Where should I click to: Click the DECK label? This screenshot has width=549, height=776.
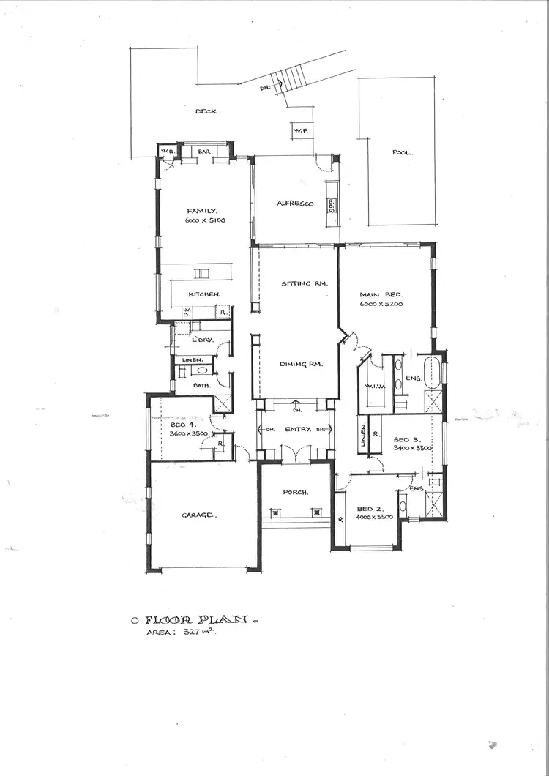(x=208, y=111)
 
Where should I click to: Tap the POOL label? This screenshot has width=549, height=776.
(x=402, y=153)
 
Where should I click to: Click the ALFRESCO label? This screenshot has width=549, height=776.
(x=295, y=204)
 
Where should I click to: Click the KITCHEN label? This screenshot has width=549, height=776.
(x=204, y=294)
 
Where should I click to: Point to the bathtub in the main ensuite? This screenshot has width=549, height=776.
(x=433, y=373)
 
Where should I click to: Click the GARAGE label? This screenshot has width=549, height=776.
(x=198, y=515)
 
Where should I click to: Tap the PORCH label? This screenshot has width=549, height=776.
(x=296, y=492)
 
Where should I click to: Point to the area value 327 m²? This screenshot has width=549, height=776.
(x=202, y=631)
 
